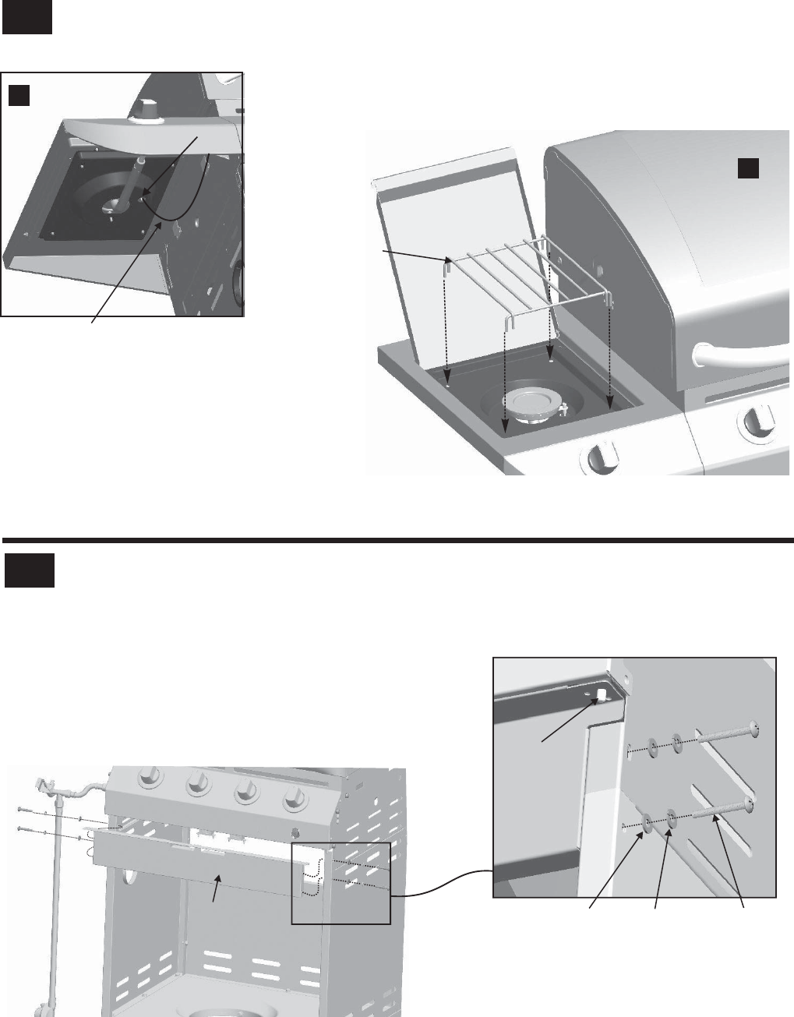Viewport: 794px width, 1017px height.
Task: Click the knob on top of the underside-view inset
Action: [146, 111]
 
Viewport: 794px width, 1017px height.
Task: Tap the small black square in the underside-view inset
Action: [19, 95]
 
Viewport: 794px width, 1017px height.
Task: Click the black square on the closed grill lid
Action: [749, 166]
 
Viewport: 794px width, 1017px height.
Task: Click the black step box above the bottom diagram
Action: [29, 570]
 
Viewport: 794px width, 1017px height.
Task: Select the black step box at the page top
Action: [26, 17]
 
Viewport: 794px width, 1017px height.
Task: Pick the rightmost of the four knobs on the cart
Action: [295, 800]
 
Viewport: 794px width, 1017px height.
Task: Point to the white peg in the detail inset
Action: [602, 694]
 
